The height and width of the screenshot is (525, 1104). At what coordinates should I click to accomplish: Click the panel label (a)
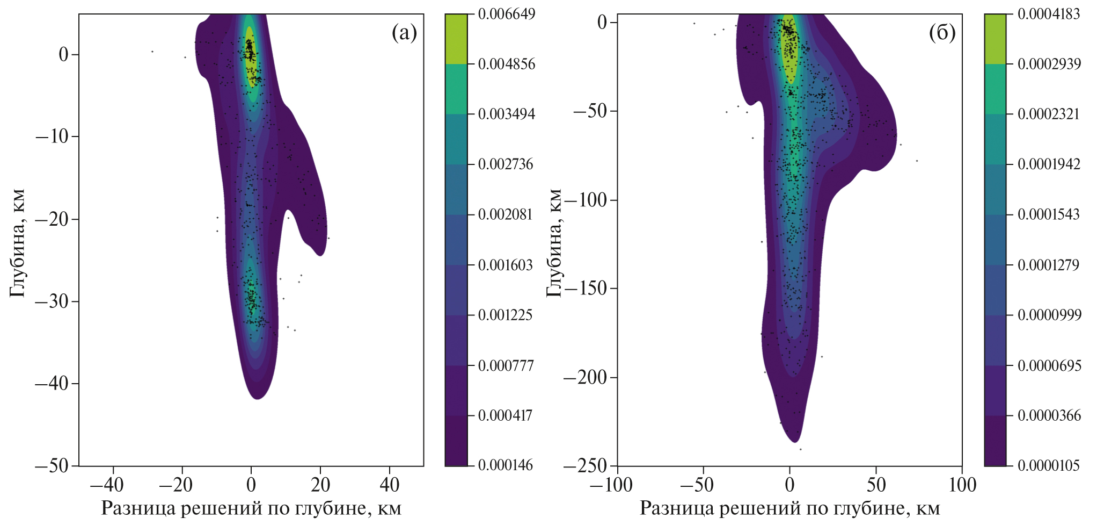coord(404,33)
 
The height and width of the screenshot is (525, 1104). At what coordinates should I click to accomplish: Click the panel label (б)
coord(942,33)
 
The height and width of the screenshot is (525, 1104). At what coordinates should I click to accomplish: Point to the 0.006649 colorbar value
coord(506,14)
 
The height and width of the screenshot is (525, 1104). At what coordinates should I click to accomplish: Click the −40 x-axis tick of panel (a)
coord(107,485)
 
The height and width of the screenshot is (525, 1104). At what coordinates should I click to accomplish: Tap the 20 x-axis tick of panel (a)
coord(320,485)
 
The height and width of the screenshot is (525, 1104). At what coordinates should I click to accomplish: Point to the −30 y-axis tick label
coord(52,301)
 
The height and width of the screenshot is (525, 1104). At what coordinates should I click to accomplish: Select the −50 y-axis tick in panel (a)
coord(52,465)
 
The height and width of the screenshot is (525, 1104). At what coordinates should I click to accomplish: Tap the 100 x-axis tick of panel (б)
coord(962,485)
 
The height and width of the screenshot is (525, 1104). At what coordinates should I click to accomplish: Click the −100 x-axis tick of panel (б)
coord(611,485)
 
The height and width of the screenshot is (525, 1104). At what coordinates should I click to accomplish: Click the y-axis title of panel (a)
coord(17,243)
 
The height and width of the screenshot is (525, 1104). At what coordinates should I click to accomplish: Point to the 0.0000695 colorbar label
coord(1049,366)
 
